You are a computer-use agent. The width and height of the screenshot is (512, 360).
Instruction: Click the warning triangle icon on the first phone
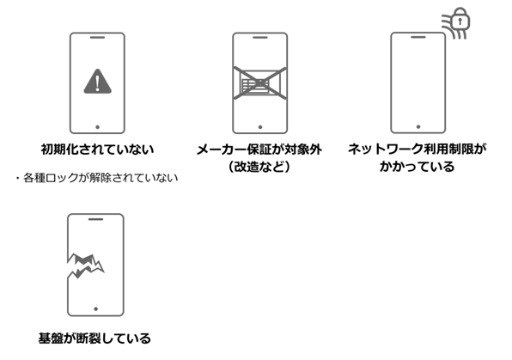[x=97, y=82]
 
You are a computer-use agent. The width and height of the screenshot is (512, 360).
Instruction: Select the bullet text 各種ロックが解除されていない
[x=97, y=178]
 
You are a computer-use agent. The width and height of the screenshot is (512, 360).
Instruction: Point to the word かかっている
[x=418, y=167]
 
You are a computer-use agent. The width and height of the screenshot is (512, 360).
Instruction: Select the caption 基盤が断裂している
[x=95, y=337]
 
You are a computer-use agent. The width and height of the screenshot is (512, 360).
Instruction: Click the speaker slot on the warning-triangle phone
[x=97, y=40]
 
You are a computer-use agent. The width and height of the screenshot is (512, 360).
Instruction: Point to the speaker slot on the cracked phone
[x=96, y=220]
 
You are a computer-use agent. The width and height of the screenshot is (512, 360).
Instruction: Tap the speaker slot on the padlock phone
[x=418, y=40]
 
